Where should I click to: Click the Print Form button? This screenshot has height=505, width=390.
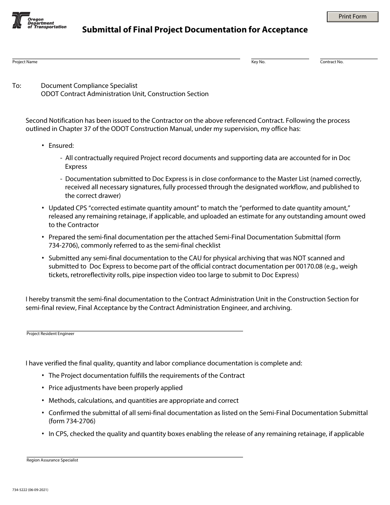point(352,17)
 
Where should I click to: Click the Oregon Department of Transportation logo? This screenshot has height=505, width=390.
point(39,21)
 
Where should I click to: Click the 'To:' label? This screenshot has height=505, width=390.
point(17,86)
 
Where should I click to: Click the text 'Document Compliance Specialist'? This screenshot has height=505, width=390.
point(89,86)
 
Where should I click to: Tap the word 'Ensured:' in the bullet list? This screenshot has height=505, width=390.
point(61,145)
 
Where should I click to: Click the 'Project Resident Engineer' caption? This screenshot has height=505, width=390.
point(50,334)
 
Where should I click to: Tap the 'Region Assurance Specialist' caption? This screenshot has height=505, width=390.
point(52,460)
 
